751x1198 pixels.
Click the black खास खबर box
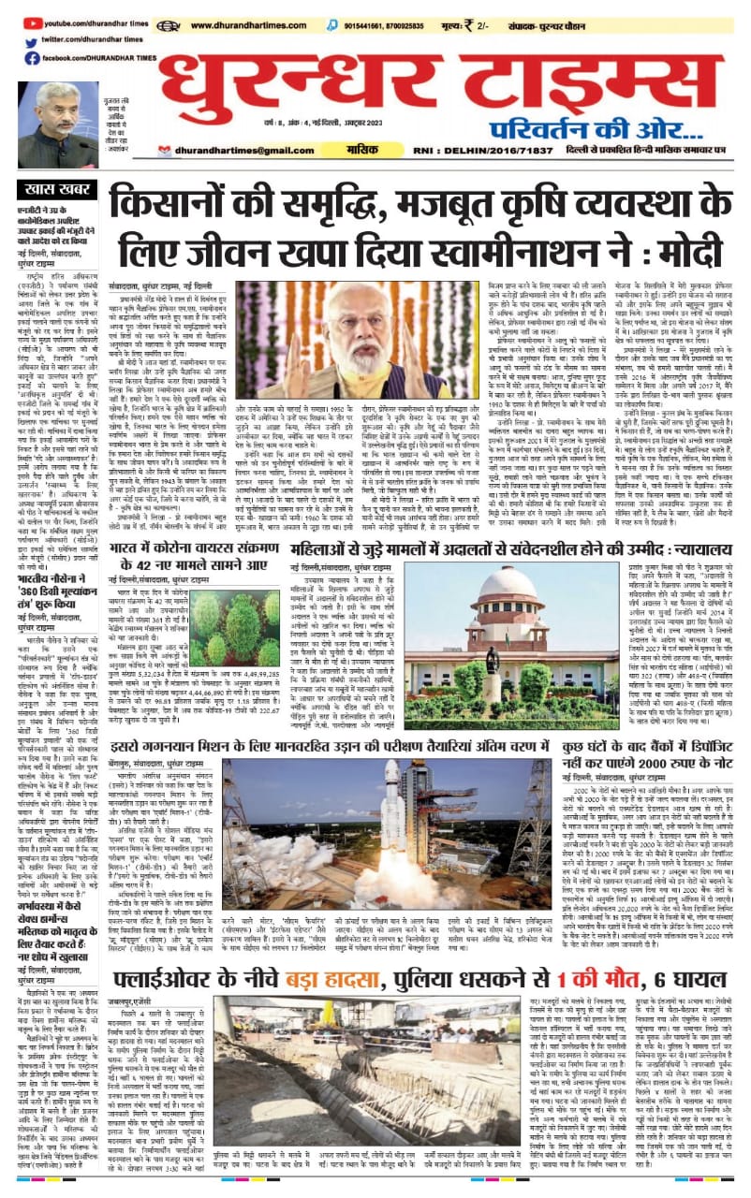[x=58, y=190]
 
